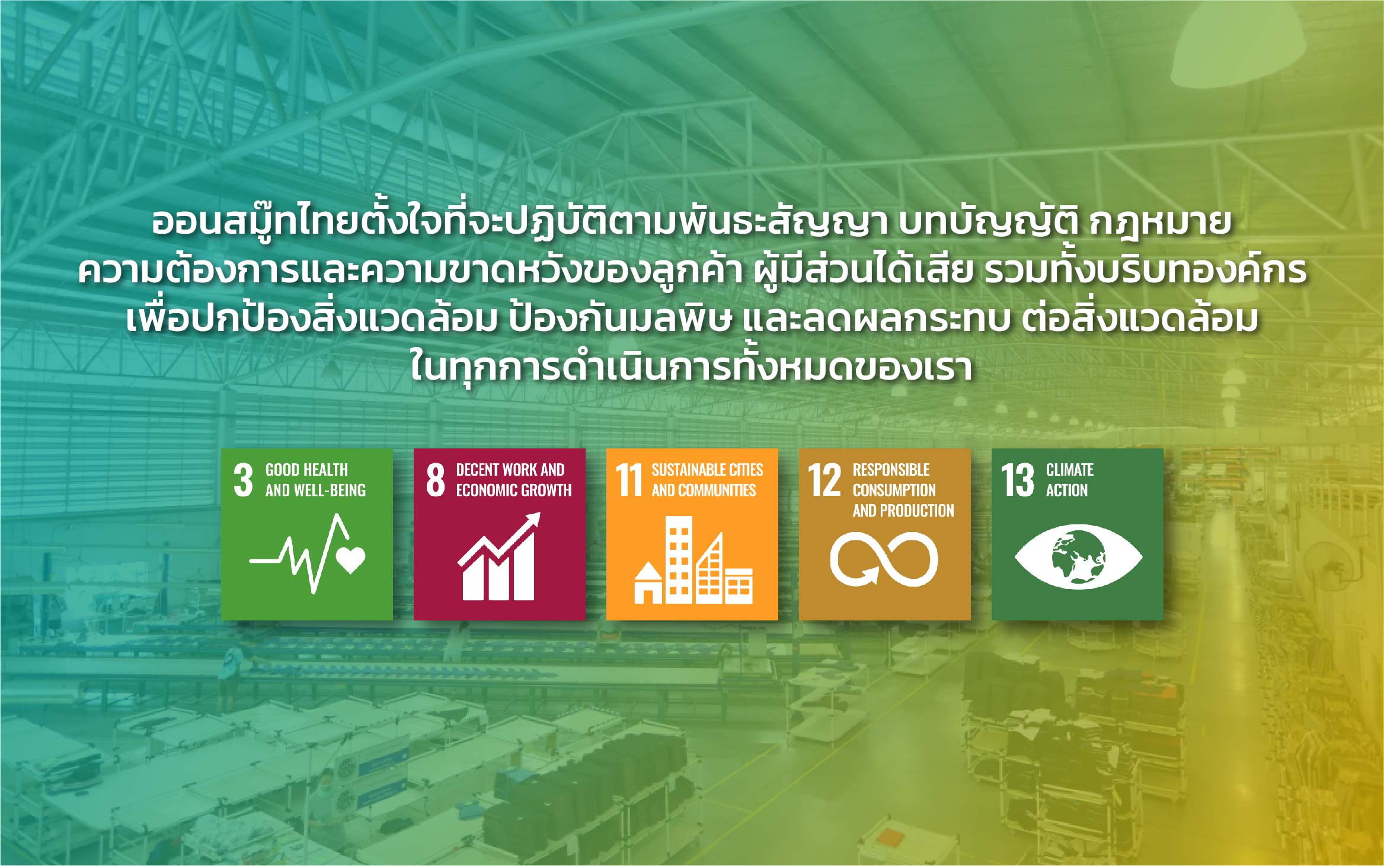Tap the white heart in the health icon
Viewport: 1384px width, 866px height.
tap(351, 559)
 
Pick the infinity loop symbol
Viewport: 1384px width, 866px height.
tap(884, 559)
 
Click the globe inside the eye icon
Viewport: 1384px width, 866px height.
tap(1078, 557)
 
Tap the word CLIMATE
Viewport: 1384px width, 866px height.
tap(1070, 470)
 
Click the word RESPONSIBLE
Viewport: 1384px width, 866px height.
tap(891, 470)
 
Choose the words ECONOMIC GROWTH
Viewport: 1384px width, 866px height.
tap(514, 490)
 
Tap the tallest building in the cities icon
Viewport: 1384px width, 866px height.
tap(679, 559)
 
